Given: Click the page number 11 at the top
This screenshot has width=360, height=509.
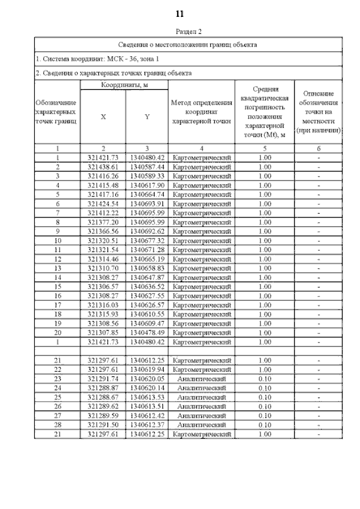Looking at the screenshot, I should point(179,13).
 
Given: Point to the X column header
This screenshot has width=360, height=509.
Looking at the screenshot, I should point(103,117).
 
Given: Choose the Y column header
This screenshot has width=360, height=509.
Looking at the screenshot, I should point(147,117).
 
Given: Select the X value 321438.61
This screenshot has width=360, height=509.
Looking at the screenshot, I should point(103,167).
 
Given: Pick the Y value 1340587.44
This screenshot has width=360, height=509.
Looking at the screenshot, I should point(147,167).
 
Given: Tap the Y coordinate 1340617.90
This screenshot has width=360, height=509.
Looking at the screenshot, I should point(147,185).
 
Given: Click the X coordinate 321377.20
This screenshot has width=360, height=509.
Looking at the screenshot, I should point(103,222).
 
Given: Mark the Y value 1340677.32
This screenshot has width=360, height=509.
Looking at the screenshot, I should point(147,240).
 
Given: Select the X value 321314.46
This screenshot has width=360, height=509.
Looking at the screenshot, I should point(103,259).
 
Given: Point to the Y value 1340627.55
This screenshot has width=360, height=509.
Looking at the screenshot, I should point(147,295).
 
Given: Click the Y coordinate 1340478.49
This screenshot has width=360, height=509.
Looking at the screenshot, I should point(147,332).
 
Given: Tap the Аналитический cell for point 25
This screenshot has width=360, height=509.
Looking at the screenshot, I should point(201,397).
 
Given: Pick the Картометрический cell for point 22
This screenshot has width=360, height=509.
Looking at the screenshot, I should point(201,369).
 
